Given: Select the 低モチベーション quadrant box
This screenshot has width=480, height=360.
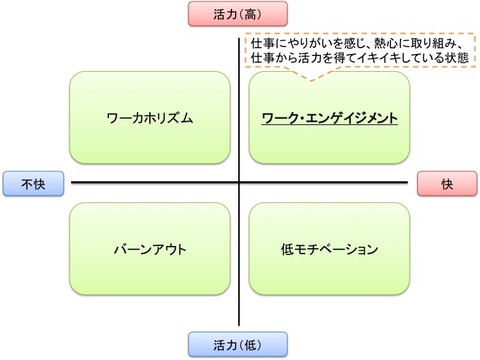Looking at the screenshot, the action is (329, 248).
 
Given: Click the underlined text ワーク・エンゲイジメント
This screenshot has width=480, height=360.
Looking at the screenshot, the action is (329, 119).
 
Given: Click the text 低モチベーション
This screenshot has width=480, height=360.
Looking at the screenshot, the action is (329, 248).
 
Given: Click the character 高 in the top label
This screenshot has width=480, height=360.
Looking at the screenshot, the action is (255, 15).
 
